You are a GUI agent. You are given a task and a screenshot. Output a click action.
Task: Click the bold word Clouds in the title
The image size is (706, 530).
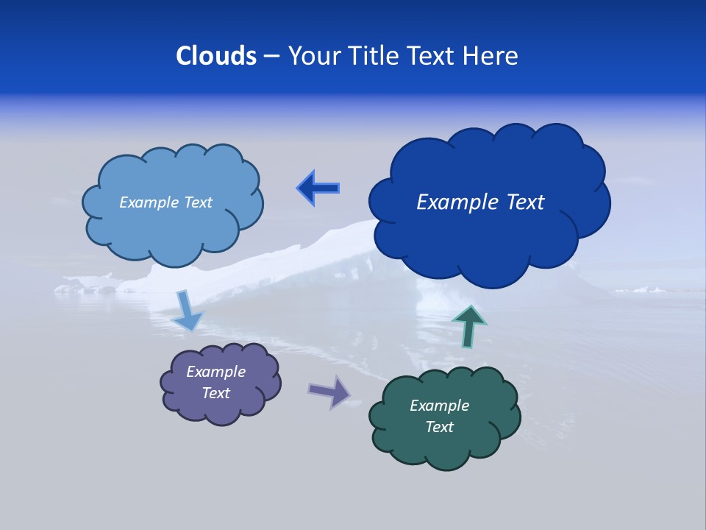[x=215, y=56]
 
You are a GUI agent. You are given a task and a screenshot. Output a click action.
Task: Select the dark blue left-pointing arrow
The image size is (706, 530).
[x=318, y=188]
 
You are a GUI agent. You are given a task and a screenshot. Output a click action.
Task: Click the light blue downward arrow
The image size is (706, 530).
[x=188, y=311]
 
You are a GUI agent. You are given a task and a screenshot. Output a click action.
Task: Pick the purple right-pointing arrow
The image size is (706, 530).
[x=329, y=391]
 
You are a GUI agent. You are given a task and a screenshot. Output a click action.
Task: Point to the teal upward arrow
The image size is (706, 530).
[x=469, y=326]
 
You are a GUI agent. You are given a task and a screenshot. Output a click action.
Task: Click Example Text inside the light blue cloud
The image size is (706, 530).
[x=165, y=202]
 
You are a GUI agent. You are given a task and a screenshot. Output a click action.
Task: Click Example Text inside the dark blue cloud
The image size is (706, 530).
[x=480, y=202]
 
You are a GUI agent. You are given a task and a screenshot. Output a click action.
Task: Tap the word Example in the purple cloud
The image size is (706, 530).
[x=215, y=372]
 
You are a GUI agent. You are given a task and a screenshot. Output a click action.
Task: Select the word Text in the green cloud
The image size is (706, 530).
[x=439, y=427]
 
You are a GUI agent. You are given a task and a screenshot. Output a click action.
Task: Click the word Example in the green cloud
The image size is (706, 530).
[x=439, y=406]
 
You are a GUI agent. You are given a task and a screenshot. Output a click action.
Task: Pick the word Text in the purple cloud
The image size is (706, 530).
[x=215, y=393]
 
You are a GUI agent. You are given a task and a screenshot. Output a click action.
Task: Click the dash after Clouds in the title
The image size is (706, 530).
[x=271, y=57]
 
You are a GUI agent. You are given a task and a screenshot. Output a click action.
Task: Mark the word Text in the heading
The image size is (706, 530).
[x=434, y=56]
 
